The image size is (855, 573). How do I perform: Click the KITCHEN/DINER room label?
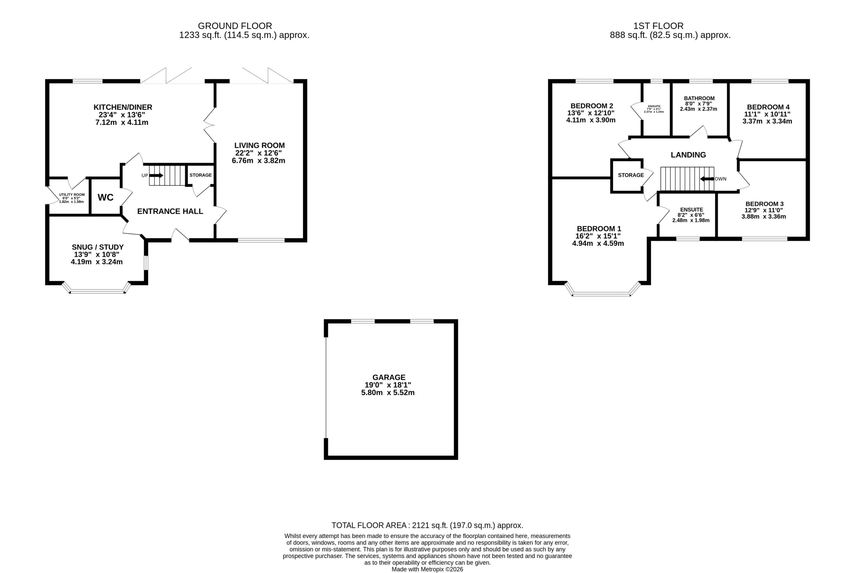click(x=123, y=107)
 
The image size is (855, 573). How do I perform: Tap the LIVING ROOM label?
click(x=260, y=145)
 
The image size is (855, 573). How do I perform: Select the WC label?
click(x=105, y=197)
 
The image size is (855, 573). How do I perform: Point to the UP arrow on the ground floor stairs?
click(x=156, y=175)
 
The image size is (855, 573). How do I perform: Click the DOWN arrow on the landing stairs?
click(x=707, y=179)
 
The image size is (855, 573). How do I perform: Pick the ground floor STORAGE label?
click(x=200, y=175)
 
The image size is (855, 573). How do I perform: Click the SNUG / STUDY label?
click(x=98, y=247)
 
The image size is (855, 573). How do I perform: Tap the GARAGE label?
click(x=389, y=377)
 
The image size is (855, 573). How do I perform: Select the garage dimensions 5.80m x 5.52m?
click(x=388, y=393)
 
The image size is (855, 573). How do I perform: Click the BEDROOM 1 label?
click(x=599, y=229)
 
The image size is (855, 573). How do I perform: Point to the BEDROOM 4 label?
click(x=768, y=107)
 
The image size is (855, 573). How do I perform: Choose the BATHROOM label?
click(x=699, y=98)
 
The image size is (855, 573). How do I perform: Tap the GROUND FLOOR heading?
click(x=235, y=26)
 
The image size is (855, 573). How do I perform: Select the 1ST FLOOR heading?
click(x=659, y=26)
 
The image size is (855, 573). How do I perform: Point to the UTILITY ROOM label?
click(x=72, y=195)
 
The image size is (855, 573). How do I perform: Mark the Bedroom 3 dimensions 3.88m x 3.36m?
click(x=763, y=216)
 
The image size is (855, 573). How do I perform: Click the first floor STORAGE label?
click(x=631, y=175)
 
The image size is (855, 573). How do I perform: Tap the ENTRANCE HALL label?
click(x=170, y=211)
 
